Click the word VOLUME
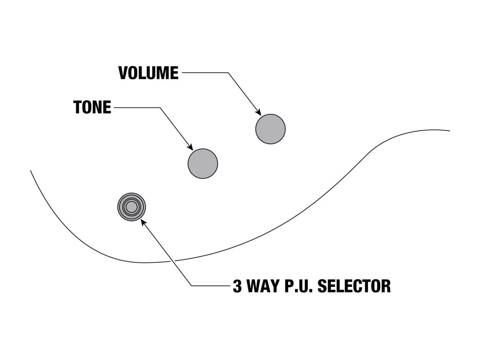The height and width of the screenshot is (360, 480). [x=148, y=73]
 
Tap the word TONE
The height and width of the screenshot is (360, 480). [x=92, y=108]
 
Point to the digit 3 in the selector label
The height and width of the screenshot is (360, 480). [x=238, y=285]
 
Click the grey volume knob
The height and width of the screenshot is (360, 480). [x=270, y=128]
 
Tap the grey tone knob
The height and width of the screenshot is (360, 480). [x=203, y=163]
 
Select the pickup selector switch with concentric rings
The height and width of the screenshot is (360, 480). [x=132, y=207]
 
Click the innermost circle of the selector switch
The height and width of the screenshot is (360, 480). [x=132, y=207]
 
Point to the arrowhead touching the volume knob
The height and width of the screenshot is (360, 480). [x=258, y=112]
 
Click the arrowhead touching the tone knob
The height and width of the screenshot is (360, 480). [x=190, y=147]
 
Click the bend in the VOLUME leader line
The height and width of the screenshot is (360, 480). [x=228, y=73]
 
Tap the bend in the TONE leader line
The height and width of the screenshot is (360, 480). [x=160, y=108]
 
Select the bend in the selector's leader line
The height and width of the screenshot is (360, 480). [x=191, y=285]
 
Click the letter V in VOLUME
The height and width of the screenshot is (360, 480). [x=123, y=73]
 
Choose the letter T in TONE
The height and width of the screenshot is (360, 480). [x=78, y=108]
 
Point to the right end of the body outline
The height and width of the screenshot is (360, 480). [x=449, y=131]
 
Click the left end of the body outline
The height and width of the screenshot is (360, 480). [x=31, y=171]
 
